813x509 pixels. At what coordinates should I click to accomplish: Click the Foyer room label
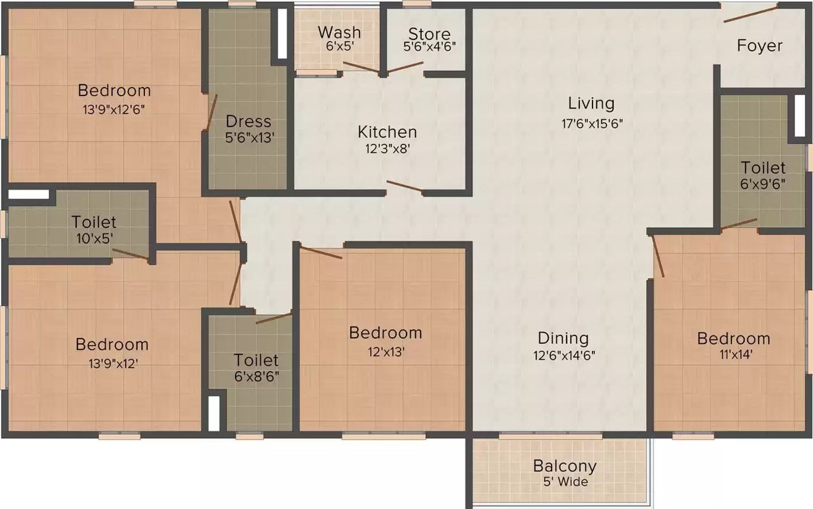click(759, 46)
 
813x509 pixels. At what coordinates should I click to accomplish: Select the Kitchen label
click(387, 132)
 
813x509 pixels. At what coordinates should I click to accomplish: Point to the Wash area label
click(339, 32)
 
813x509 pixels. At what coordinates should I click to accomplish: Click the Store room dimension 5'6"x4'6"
click(429, 47)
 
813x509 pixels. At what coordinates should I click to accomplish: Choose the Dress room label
click(248, 121)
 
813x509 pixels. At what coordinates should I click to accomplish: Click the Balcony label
click(565, 466)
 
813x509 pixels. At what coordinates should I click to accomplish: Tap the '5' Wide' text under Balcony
click(565, 482)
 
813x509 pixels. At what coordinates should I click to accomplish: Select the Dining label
click(563, 338)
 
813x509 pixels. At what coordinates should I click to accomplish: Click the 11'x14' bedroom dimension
click(733, 354)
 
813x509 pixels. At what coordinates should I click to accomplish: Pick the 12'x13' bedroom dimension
click(385, 352)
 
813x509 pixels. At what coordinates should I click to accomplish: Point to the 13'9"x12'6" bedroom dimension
click(114, 109)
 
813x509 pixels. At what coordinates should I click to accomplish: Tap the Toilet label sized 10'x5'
click(94, 222)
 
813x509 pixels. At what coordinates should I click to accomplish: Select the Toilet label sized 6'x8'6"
click(256, 361)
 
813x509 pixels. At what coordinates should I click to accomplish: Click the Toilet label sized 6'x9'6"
click(763, 168)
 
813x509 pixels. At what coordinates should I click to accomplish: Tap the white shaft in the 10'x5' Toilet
click(29, 194)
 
